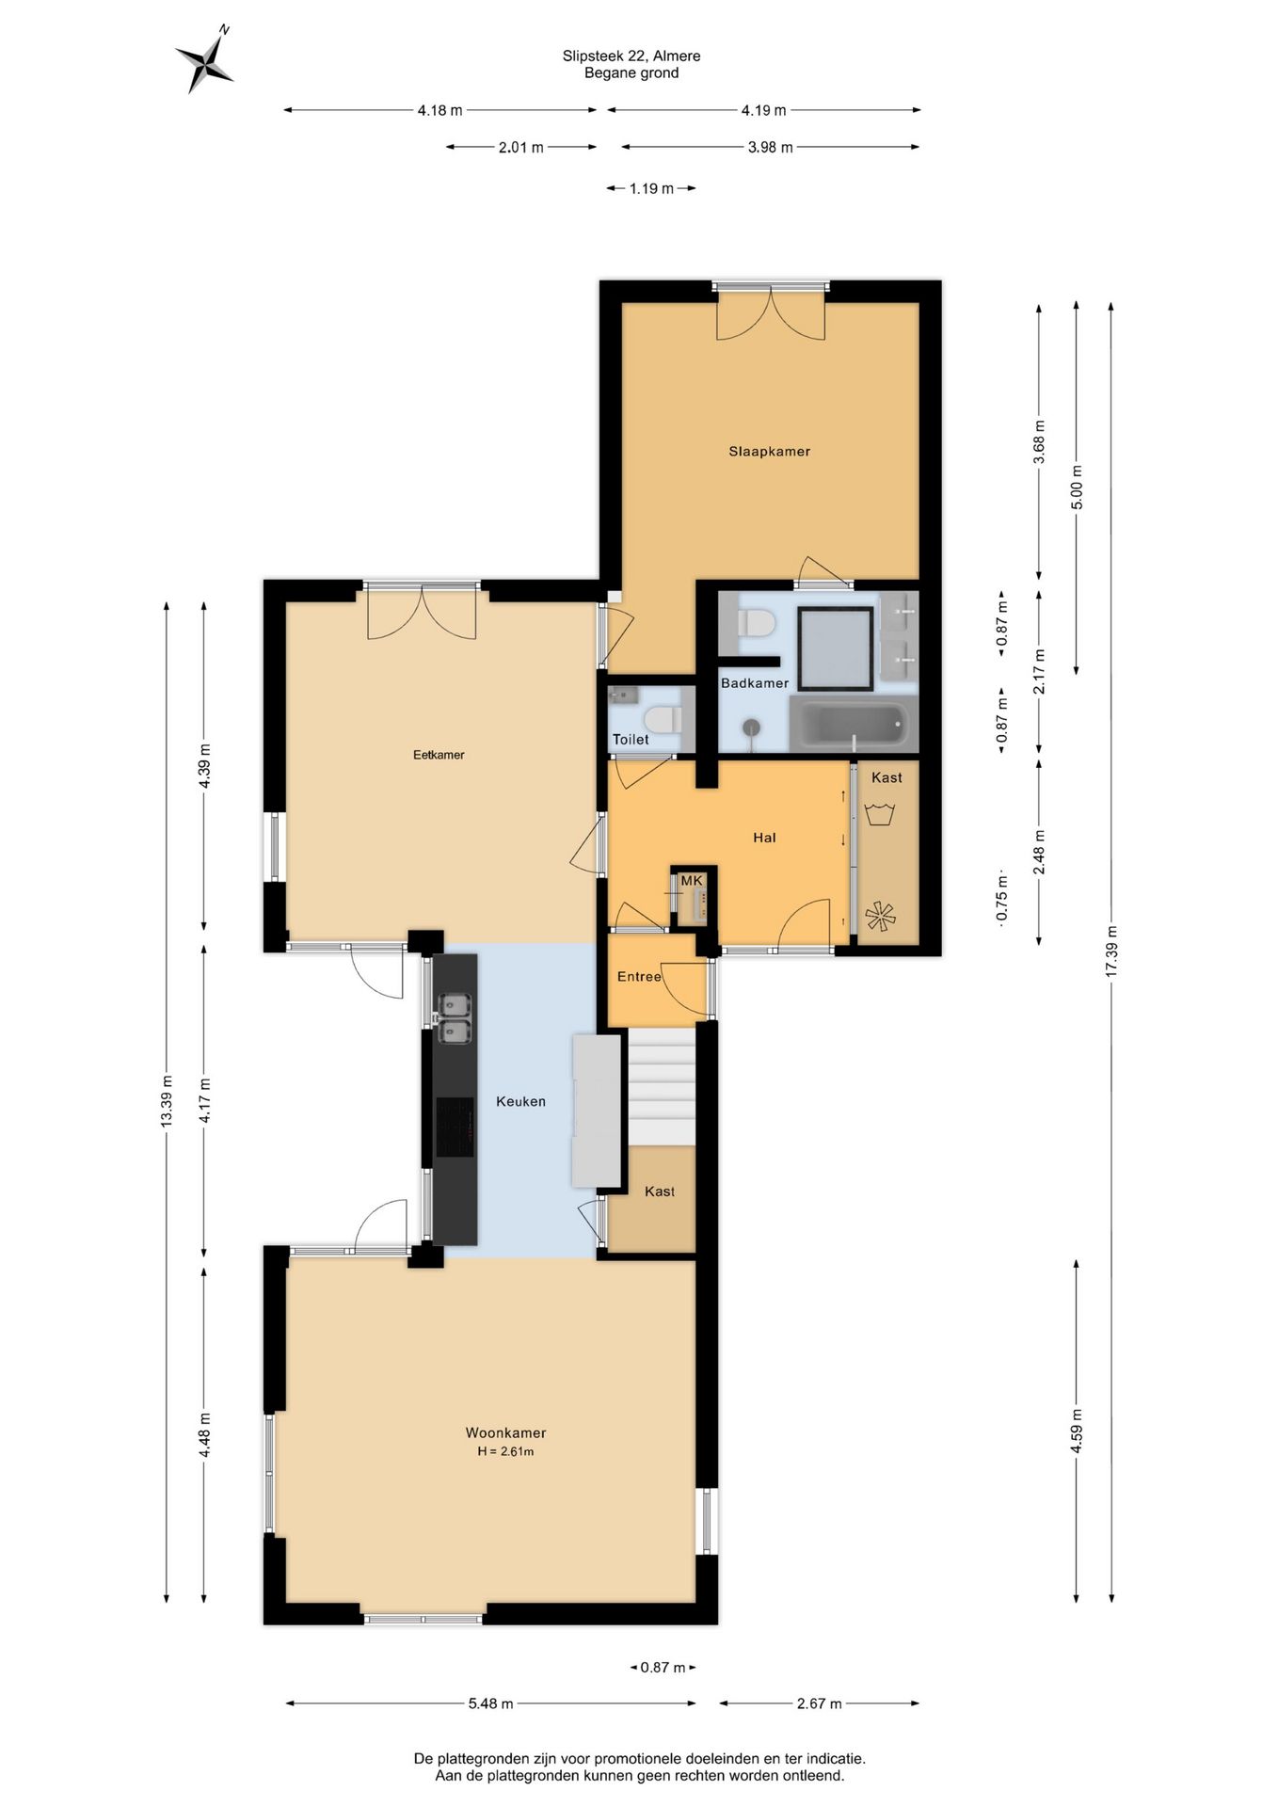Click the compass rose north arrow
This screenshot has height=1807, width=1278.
click(x=205, y=60)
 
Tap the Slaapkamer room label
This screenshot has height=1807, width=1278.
click(x=769, y=451)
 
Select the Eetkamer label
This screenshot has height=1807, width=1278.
click(x=439, y=754)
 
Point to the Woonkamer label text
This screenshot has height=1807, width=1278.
click(x=505, y=1432)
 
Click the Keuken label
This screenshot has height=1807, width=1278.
click(x=520, y=1101)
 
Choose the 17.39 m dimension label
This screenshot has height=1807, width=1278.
click(x=1111, y=951)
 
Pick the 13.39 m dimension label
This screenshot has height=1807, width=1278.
click(x=167, y=1101)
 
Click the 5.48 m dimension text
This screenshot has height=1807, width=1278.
click(x=491, y=1703)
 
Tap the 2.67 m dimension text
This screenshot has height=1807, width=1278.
click(x=819, y=1703)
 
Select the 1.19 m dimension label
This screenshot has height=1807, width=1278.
click(x=651, y=188)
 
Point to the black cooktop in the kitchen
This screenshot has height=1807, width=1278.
click(x=455, y=1127)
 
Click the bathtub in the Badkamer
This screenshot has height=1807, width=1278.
click(x=853, y=724)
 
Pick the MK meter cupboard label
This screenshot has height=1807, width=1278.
click(x=692, y=880)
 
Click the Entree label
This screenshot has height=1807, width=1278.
click(x=639, y=976)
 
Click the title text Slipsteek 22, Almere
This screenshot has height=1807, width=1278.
click(x=631, y=56)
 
